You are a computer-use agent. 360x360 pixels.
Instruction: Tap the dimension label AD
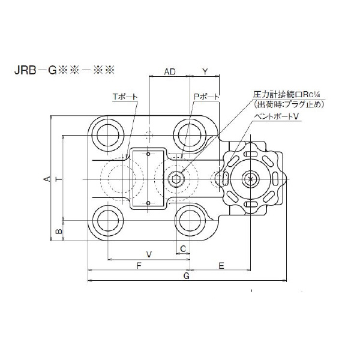tap(170, 72)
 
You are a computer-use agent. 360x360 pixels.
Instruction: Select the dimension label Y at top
tap(205, 72)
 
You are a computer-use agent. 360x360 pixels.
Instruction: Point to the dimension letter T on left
tap(58, 179)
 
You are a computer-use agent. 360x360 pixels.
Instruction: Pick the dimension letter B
tap(58, 230)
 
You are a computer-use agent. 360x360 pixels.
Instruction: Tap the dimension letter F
tap(139, 265)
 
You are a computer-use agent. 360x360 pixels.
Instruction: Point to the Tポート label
tap(124, 96)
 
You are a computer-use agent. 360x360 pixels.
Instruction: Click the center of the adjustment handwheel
tap(251, 178)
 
